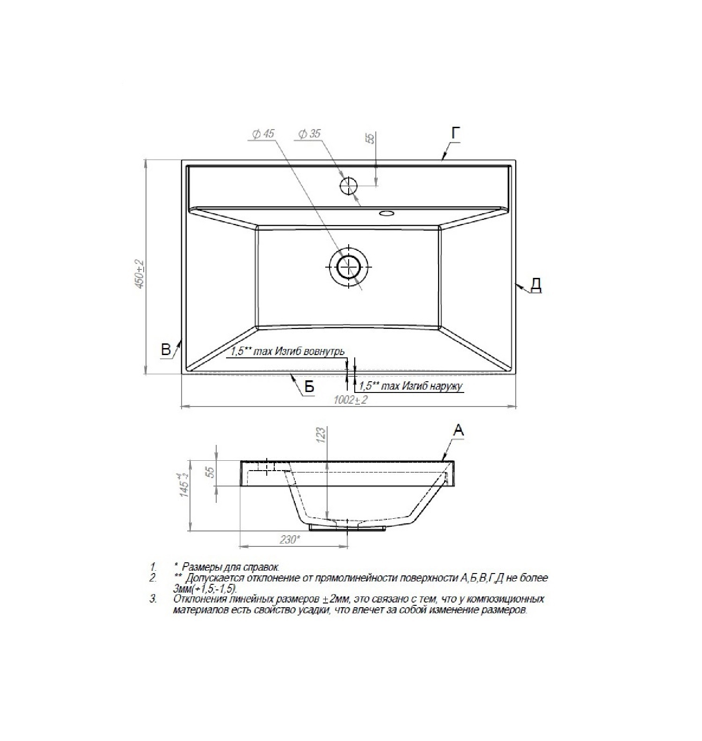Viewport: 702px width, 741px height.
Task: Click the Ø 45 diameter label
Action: pos(263,134)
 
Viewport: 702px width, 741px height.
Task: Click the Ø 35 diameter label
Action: pos(308,134)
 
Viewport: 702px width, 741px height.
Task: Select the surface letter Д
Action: pos(536,284)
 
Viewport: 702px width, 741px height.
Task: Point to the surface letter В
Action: pos(166,349)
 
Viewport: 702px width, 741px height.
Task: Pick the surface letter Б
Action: pos(309,386)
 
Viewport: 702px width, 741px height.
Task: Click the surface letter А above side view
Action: pos(459,430)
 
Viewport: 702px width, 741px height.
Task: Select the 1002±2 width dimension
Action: pos(351,400)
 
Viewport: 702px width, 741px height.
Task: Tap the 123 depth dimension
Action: pos(321,435)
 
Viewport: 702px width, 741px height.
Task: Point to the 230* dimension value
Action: pos(290,539)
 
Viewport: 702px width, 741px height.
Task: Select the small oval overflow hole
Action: pos(387,213)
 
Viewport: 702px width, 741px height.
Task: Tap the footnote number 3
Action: pos(153,599)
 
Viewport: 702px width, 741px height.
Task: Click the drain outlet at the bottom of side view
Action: pos(348,527)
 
